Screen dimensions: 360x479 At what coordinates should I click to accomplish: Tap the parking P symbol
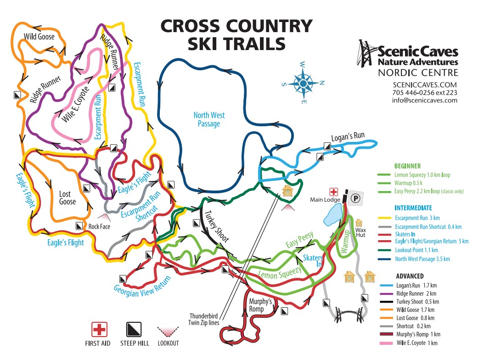pyautogui.click(x=355, y=198)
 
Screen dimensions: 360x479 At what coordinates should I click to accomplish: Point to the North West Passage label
pyautogui.click(x=209, y=119)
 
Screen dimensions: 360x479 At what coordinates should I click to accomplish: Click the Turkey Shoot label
pyautogui.click(x=216, y=226)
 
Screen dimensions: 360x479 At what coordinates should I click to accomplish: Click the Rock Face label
pyautogui.click(x=100, y=226)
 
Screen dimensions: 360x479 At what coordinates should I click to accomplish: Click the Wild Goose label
pyautogui.click(x=39, y=36)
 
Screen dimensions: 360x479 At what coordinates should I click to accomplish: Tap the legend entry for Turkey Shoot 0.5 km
pyautogui.click(x=417, y=302)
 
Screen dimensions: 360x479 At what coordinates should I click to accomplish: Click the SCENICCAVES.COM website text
pyautogui.click(x=425, y=84)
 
